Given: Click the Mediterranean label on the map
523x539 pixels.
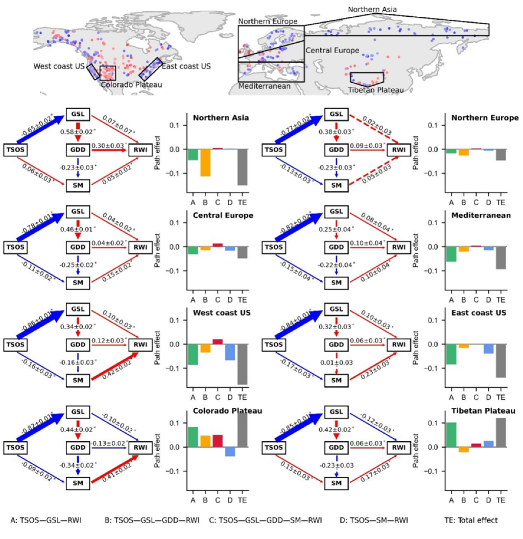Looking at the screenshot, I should tap(264, 86).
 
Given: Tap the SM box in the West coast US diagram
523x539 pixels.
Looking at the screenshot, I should tap(78, 380).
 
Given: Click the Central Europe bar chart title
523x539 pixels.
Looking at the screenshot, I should tap(223, 215).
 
